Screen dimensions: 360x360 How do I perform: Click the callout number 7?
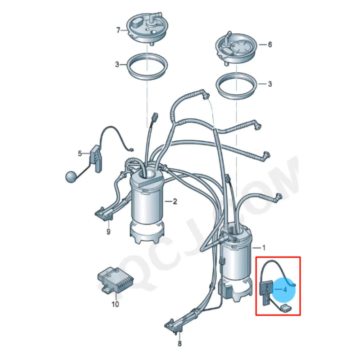[118, 31]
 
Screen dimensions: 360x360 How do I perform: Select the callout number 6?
[270, 45]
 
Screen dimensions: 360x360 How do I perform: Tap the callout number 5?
[80, 153]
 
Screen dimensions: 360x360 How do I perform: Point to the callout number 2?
[175, 202]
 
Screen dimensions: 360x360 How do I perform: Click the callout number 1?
[264, 247]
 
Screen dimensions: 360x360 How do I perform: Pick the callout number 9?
[108, 232]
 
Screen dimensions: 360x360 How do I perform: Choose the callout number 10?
[115, 305]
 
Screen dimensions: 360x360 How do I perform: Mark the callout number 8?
[180, 344]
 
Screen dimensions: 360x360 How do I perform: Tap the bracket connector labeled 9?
[104, 213]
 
